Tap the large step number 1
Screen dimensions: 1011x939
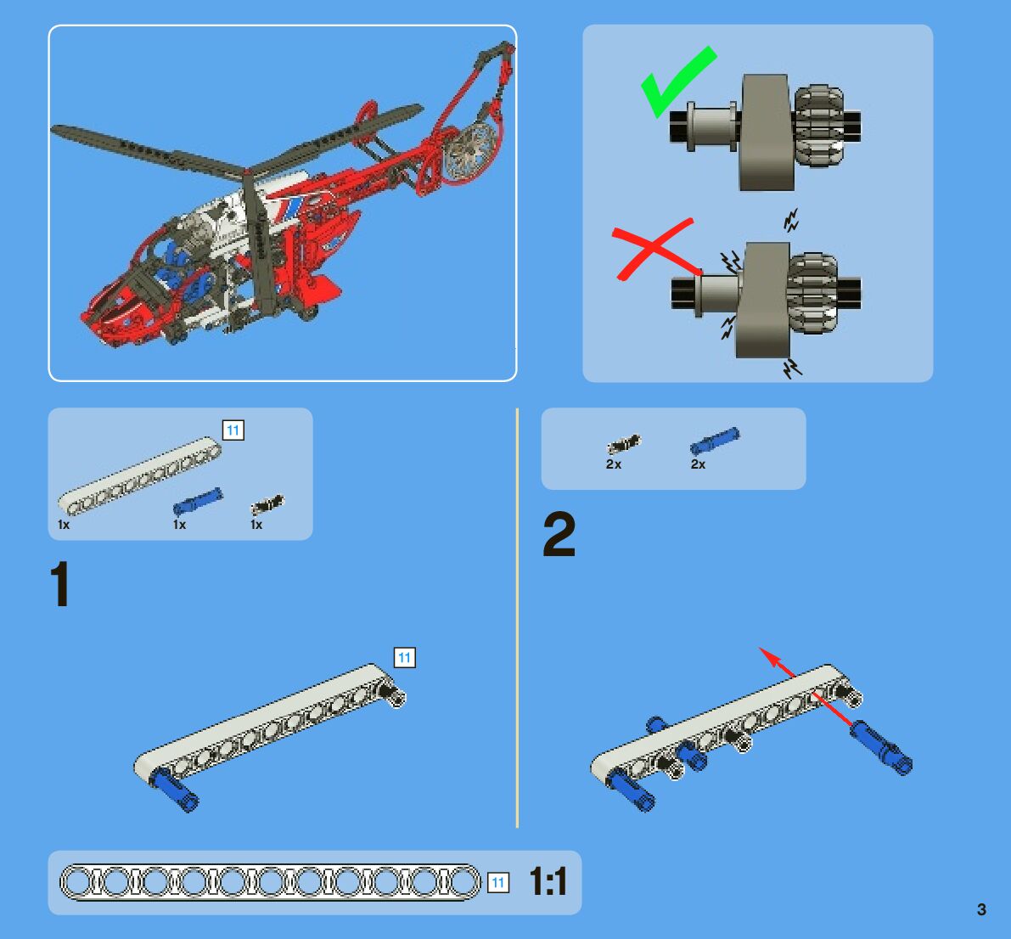pyautogui.click(x=60, y=583)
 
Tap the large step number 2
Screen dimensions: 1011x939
pyautogui.click(x=559, y=534)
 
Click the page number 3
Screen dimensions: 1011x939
pyautogui.click(x=981, y=909)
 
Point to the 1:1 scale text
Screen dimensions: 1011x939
pyautogui.click(x=548, y=881)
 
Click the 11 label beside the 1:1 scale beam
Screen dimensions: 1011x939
pyautogui.click(x=497, y=882)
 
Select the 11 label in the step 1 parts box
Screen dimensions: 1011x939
pyautogui.click(x=233, y=430)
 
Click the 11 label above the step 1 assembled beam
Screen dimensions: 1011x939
pyautogui.click(x=404, y=658)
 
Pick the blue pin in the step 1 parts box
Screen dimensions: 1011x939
pyautogui.click(x=198, y=501)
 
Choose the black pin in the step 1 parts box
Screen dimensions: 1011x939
pyautogui.click(x=267, y=504)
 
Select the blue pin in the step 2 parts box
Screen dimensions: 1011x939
pyautogui.click(x=715, y=441)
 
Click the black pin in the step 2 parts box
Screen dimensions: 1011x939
pyautogui.click(x=624, y=444)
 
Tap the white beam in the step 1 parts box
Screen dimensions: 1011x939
pyautogui.click(x=139, y=476)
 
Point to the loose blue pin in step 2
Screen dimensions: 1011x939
pyautogui.click(x=881, y=747)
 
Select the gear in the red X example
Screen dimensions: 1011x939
pyautogui.click(x=812, y=294)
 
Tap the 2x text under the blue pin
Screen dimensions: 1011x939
pyautogui.click(x=698, y=464)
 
